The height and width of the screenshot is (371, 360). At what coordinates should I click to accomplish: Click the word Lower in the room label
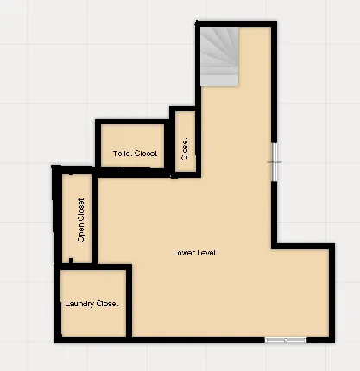click(183, 253)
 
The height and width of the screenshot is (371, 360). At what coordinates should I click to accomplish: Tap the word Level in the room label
click(205, 253)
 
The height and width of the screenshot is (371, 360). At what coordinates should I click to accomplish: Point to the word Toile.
click(122, 154)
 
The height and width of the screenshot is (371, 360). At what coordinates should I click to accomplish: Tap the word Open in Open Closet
click(81, 233)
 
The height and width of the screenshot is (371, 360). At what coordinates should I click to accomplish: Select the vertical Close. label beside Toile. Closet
click(184, 148)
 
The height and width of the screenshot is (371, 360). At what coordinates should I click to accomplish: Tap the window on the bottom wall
click(285, 341)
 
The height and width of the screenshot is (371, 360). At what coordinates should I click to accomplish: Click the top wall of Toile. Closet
click(134, 123)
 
